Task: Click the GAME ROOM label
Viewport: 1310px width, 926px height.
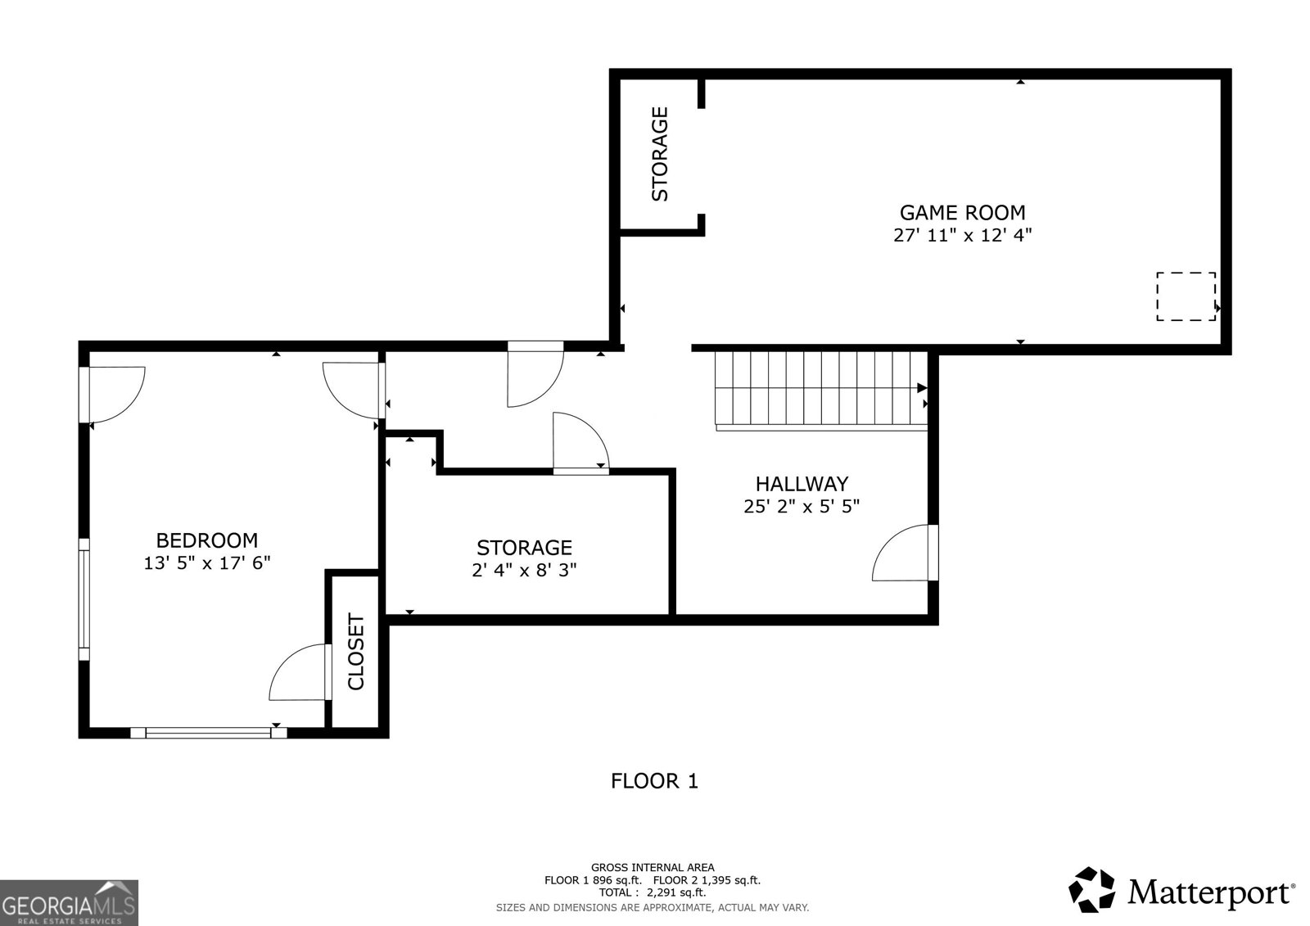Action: tap(962, 212)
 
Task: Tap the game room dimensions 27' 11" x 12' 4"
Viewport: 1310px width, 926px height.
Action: tap(962, 236)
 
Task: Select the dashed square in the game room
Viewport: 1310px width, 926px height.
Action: tap(1185, 296)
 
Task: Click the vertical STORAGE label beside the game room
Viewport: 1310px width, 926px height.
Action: tap(660, 154)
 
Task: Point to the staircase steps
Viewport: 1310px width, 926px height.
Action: tap(819, 388)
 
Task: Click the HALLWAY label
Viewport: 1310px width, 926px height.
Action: tap(802, 484)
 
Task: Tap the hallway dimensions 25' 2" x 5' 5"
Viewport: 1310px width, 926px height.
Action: tap(802, 507)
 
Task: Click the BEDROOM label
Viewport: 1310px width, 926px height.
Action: tap(206, 540)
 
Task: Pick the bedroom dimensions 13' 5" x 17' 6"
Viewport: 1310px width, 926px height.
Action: tap(206, 563)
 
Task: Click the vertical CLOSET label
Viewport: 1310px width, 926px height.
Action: tap(356, 652)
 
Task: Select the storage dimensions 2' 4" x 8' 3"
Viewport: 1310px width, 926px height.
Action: tap(524, 570)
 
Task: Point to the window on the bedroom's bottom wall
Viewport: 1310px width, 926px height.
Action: tap(208, 733)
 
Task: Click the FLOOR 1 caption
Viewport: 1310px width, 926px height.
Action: tap(654, 781)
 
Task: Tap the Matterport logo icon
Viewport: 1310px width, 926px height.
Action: tap(1091, 890)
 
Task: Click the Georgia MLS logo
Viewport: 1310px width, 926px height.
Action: tap(69, 903)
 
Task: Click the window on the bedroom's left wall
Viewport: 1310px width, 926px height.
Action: tap(84, 599)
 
